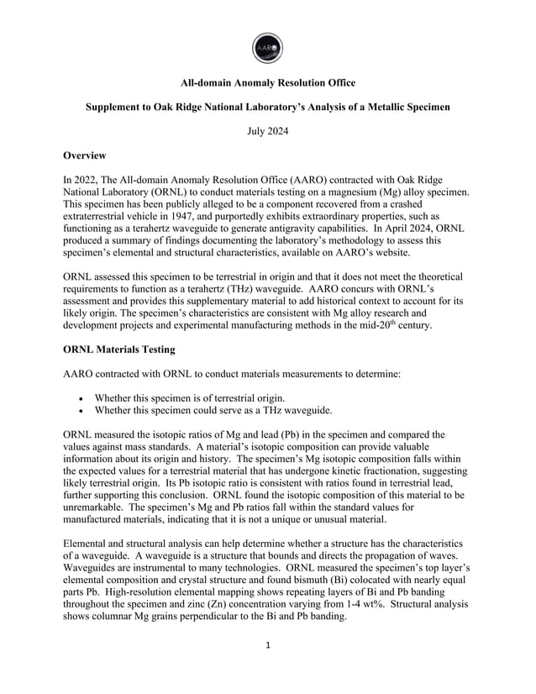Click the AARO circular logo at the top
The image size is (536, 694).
click(x=267, y=46)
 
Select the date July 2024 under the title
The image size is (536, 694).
click(x=267, y=132)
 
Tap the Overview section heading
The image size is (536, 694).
click(x=87, y=155)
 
